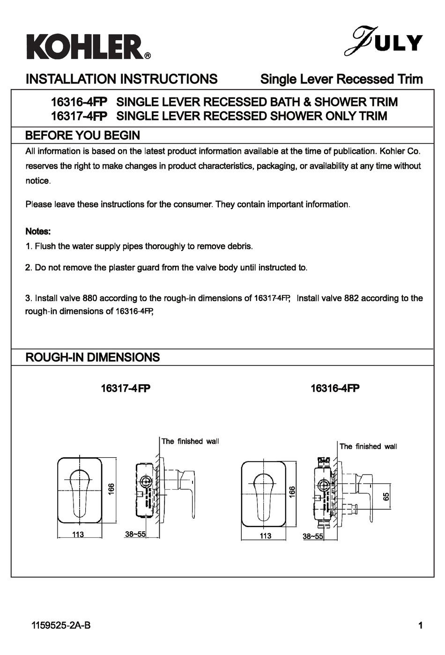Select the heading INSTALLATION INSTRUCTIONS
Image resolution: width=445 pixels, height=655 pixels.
[x=121, y=79]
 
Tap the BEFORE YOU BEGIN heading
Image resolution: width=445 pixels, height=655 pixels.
[x=82, y=136]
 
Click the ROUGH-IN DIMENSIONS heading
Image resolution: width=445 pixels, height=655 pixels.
[x=92, y=357]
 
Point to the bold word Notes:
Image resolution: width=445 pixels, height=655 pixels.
[x=38, y=231]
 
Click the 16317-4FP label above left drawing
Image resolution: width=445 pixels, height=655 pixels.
[x=126, y=389]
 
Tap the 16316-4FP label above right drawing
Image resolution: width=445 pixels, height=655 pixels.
[x=335, y=389]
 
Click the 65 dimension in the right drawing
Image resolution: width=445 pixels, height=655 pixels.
[x=386, y=496]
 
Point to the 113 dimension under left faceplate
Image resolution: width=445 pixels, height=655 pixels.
[x=78, y=535]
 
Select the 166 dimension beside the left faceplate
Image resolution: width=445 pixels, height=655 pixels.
[x=111, y=489]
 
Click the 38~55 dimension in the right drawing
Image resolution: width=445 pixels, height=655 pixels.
[x=313, y=537]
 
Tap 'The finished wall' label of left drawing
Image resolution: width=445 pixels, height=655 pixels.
[x=190, y=441]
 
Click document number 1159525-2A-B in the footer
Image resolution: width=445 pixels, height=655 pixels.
[x=60, y=625]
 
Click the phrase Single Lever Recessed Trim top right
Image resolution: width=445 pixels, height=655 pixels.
[x=341, y=79]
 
